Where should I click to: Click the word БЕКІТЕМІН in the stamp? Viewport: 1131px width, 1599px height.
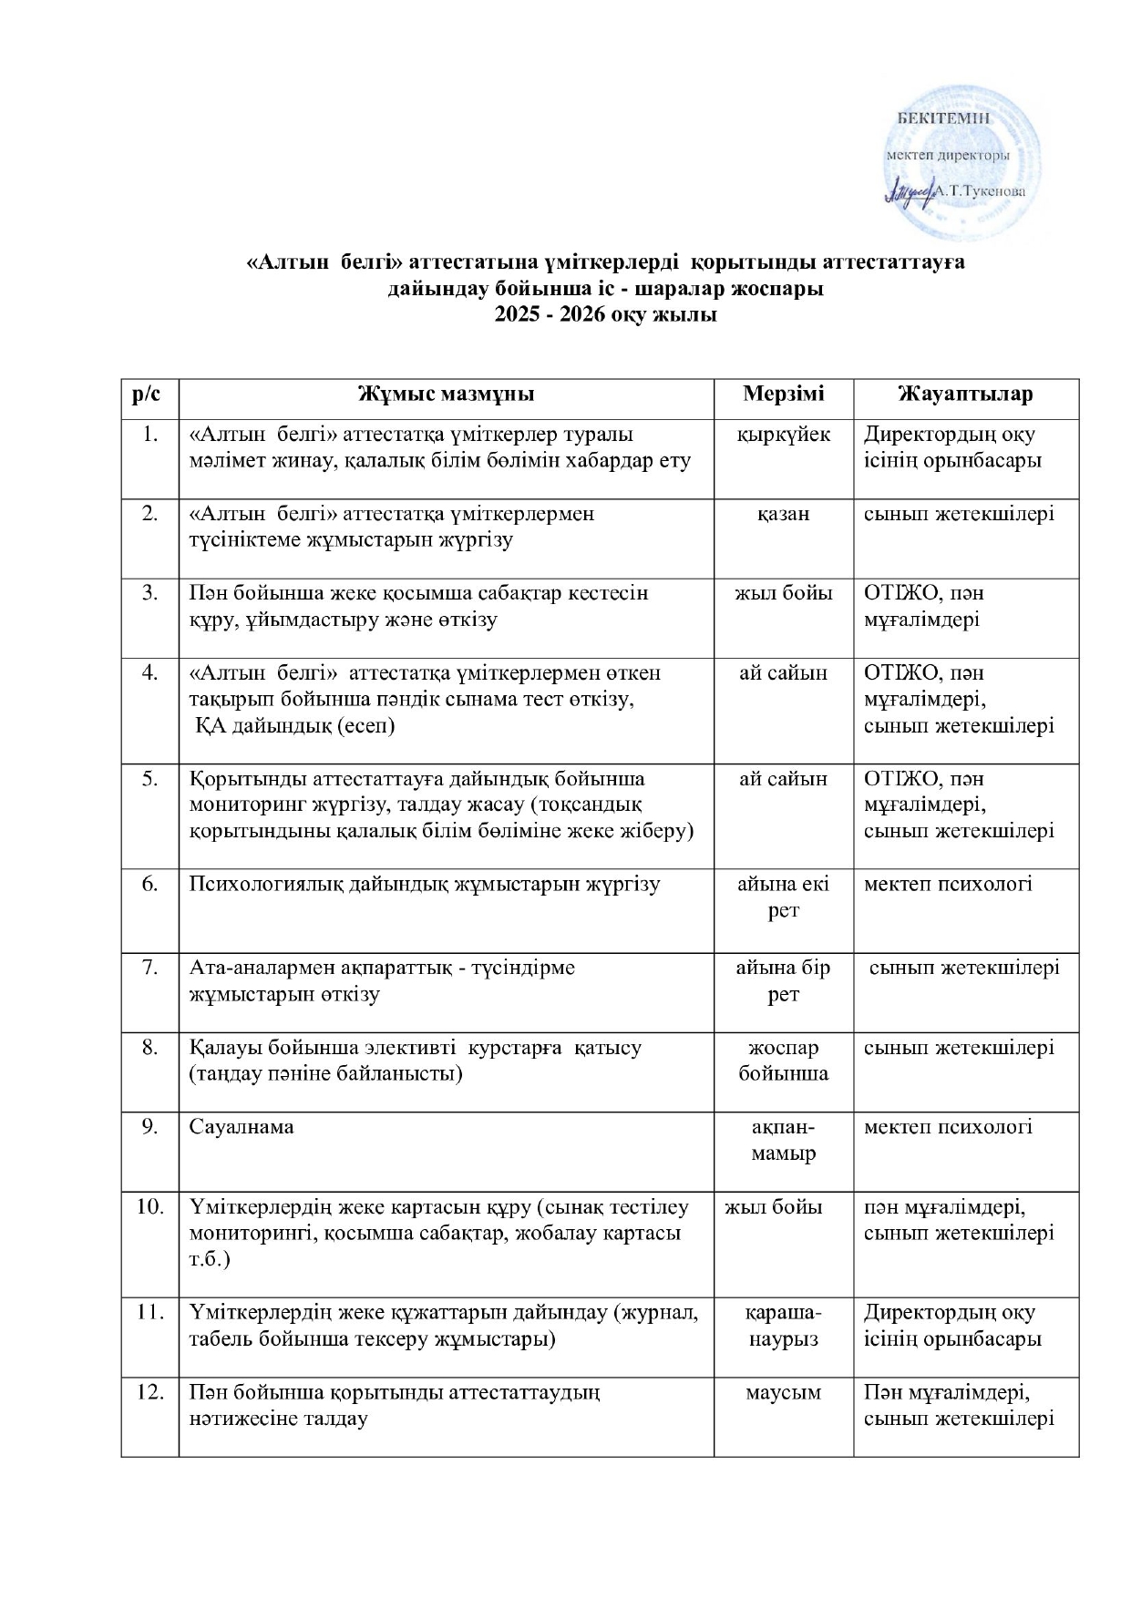pyautogui.click(x=944, y=117)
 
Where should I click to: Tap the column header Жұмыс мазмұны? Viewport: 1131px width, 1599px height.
pyautogui.click(x=446, y=394)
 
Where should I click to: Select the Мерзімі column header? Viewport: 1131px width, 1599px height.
pyautogui.click(x=783, y=394)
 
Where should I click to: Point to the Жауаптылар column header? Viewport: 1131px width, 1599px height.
pyautogui.click(x=965, y=394)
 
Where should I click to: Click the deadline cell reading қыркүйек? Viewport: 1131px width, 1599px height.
pyautogui.click(x=783, y=435)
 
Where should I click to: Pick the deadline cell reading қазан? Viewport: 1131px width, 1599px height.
pyautogui.click(x=783, y=514)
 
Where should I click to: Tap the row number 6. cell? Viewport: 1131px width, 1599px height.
pyautogui.click(x=150, y=883)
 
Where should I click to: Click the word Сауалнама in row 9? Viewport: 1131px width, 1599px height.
pyautogui.click(x=242, y=1127)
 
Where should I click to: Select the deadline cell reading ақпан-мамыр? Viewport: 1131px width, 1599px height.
pyautogui.click(x=783, y=1140)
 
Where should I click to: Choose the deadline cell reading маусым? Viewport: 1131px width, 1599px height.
pyautogui.click(x=783, y=1392)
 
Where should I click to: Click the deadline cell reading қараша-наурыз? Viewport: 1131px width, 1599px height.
pyautogui.click(x=783, y=1326)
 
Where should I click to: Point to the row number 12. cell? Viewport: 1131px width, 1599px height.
pyautogui.click(x=150, y=1392)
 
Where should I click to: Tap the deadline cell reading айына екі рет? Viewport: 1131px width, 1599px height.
pyautogui.click(x=783, y=897)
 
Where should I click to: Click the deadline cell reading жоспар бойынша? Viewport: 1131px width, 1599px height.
pyautogui.click(x=783, y=1060)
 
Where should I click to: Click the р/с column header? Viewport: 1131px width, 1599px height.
pyautogui.click(x=150, y=394)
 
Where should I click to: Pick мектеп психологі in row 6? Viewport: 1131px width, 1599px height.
pyautogui.click(x=948, y=883)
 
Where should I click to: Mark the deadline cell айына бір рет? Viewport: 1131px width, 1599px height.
pyautogui.click(x=783, y=980)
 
